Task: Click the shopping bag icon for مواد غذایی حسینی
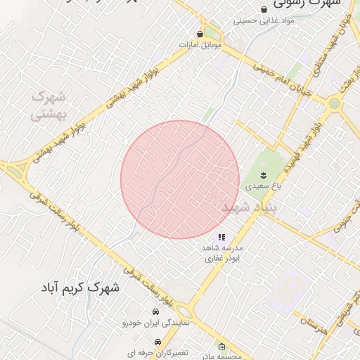[x=264, y=9]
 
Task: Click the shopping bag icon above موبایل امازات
[x=200, y=33]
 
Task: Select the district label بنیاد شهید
[x=250, y=208]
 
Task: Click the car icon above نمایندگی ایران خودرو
[x=155, y=311]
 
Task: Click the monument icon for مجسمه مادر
[x=222, y=346]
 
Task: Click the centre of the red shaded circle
[x=180, y=180]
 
